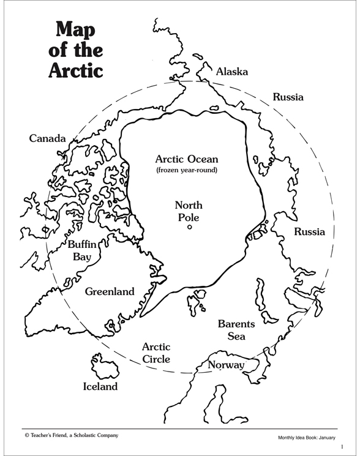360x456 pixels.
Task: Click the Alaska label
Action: [x=232, y=72]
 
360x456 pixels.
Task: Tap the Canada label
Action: [x=47, y=138]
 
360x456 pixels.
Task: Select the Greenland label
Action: [x=110, y=291]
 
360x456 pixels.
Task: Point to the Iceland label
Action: [x=100, y=386]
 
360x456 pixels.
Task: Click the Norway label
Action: [x=226, y=365]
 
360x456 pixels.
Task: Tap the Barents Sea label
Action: [x=236, y=329]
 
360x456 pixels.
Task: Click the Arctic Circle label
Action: [x=156, y=353]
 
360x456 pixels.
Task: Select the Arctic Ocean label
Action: [x=186, y=159]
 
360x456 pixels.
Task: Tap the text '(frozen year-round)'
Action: [x=186, y=170]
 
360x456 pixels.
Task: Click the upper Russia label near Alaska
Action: [x=288, y=97]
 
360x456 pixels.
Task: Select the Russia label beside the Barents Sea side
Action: [x=309, y=231]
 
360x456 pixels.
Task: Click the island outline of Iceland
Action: [x=100, y=365]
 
